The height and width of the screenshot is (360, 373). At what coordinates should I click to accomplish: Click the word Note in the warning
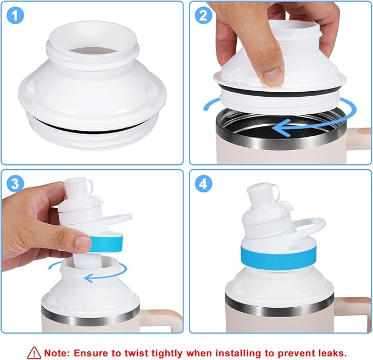[x=56, y=352]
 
